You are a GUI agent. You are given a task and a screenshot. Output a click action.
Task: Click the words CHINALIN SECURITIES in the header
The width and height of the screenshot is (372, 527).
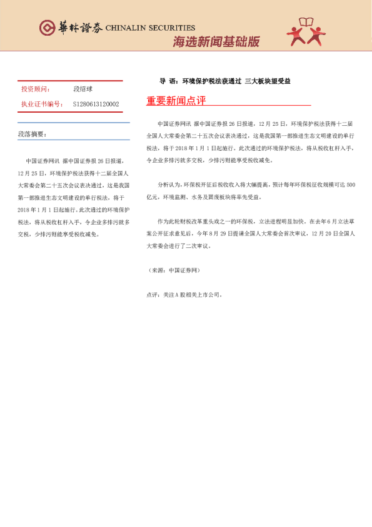(x=150, y=28)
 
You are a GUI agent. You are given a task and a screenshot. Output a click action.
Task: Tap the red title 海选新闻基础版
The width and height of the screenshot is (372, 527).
(x=216, y=42)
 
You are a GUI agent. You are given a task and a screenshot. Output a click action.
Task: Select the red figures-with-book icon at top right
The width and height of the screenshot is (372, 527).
(x=306, y=32)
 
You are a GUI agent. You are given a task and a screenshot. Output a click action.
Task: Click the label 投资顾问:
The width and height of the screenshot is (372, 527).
(x=36, y=90)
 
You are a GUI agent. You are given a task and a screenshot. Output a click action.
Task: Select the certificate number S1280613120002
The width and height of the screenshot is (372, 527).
(x=96, y=104)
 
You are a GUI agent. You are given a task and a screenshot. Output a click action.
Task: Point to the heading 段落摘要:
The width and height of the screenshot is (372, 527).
(x=32, y=134)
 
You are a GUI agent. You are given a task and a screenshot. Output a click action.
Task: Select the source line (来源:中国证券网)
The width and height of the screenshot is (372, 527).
(x=173, y=252)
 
